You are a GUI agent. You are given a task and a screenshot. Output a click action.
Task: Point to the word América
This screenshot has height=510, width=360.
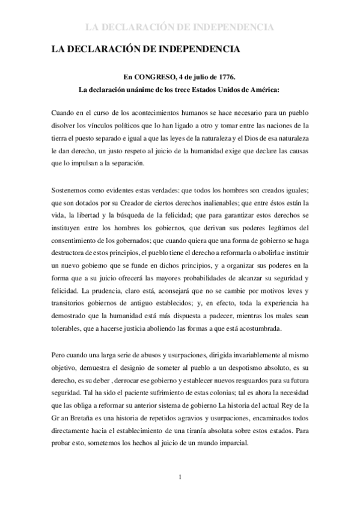pyautogui.click(x=263, y=91)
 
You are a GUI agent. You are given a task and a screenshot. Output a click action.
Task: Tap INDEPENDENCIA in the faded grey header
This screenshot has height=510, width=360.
pyautogui.click(x=228, y=27)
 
